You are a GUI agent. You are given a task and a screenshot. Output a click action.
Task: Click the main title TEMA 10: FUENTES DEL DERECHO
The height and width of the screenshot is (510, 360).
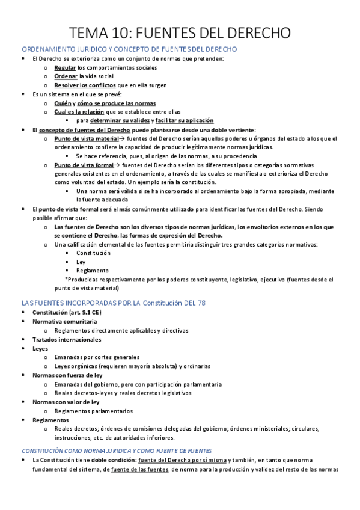coord(180,32)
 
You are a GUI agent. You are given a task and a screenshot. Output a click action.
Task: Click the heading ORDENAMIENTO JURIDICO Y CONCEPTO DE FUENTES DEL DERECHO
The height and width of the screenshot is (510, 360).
coord(129,49)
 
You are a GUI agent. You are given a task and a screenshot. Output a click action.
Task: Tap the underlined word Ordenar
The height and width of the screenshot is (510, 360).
coord(66,76)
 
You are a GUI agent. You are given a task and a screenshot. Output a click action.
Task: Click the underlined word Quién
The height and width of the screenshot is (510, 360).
coord(62,103)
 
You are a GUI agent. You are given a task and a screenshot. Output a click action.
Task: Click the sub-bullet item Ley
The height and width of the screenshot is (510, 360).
coord(81,262)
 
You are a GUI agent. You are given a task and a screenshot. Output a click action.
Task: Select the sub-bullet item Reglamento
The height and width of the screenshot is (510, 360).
coord(88,271)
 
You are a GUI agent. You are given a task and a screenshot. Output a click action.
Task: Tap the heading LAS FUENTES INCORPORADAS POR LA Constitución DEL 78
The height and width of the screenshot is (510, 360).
coord(113,303)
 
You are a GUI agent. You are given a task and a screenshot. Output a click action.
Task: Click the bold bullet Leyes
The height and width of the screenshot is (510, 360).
coord(41,348)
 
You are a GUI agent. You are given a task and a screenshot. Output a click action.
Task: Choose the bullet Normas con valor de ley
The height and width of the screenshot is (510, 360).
coord(66,401)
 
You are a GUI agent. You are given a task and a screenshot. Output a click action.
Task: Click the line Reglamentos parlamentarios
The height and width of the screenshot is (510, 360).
coord(93,410)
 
